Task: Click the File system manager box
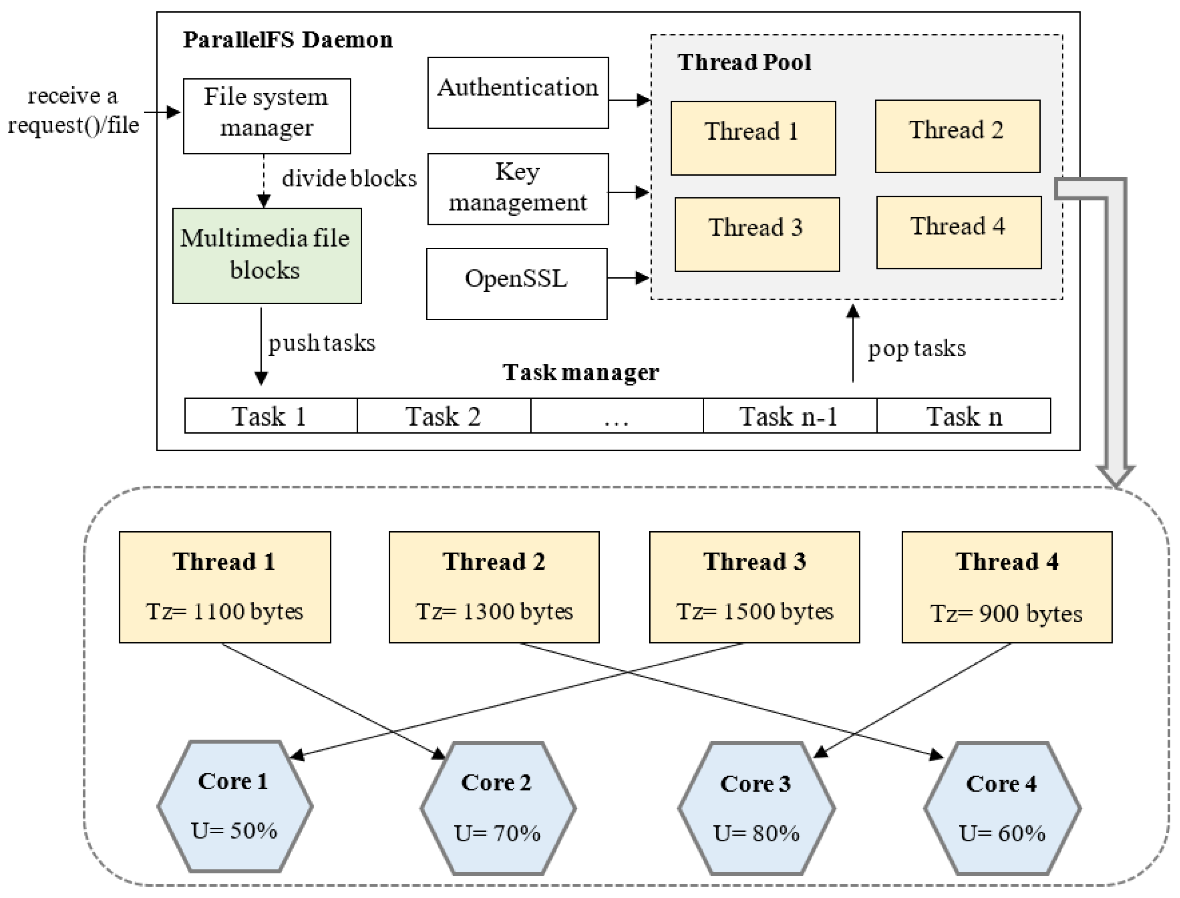267,116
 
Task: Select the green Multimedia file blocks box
267,256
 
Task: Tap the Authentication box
517,93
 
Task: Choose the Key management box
517,189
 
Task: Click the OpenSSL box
517,283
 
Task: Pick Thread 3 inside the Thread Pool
757,234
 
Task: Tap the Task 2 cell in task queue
443,416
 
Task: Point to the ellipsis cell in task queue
617,416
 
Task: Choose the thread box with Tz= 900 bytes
1006,587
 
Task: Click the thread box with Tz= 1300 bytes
494,587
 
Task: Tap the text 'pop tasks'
917,348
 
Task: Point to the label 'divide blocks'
349,179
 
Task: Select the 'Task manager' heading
581,372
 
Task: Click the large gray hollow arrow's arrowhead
1115,475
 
